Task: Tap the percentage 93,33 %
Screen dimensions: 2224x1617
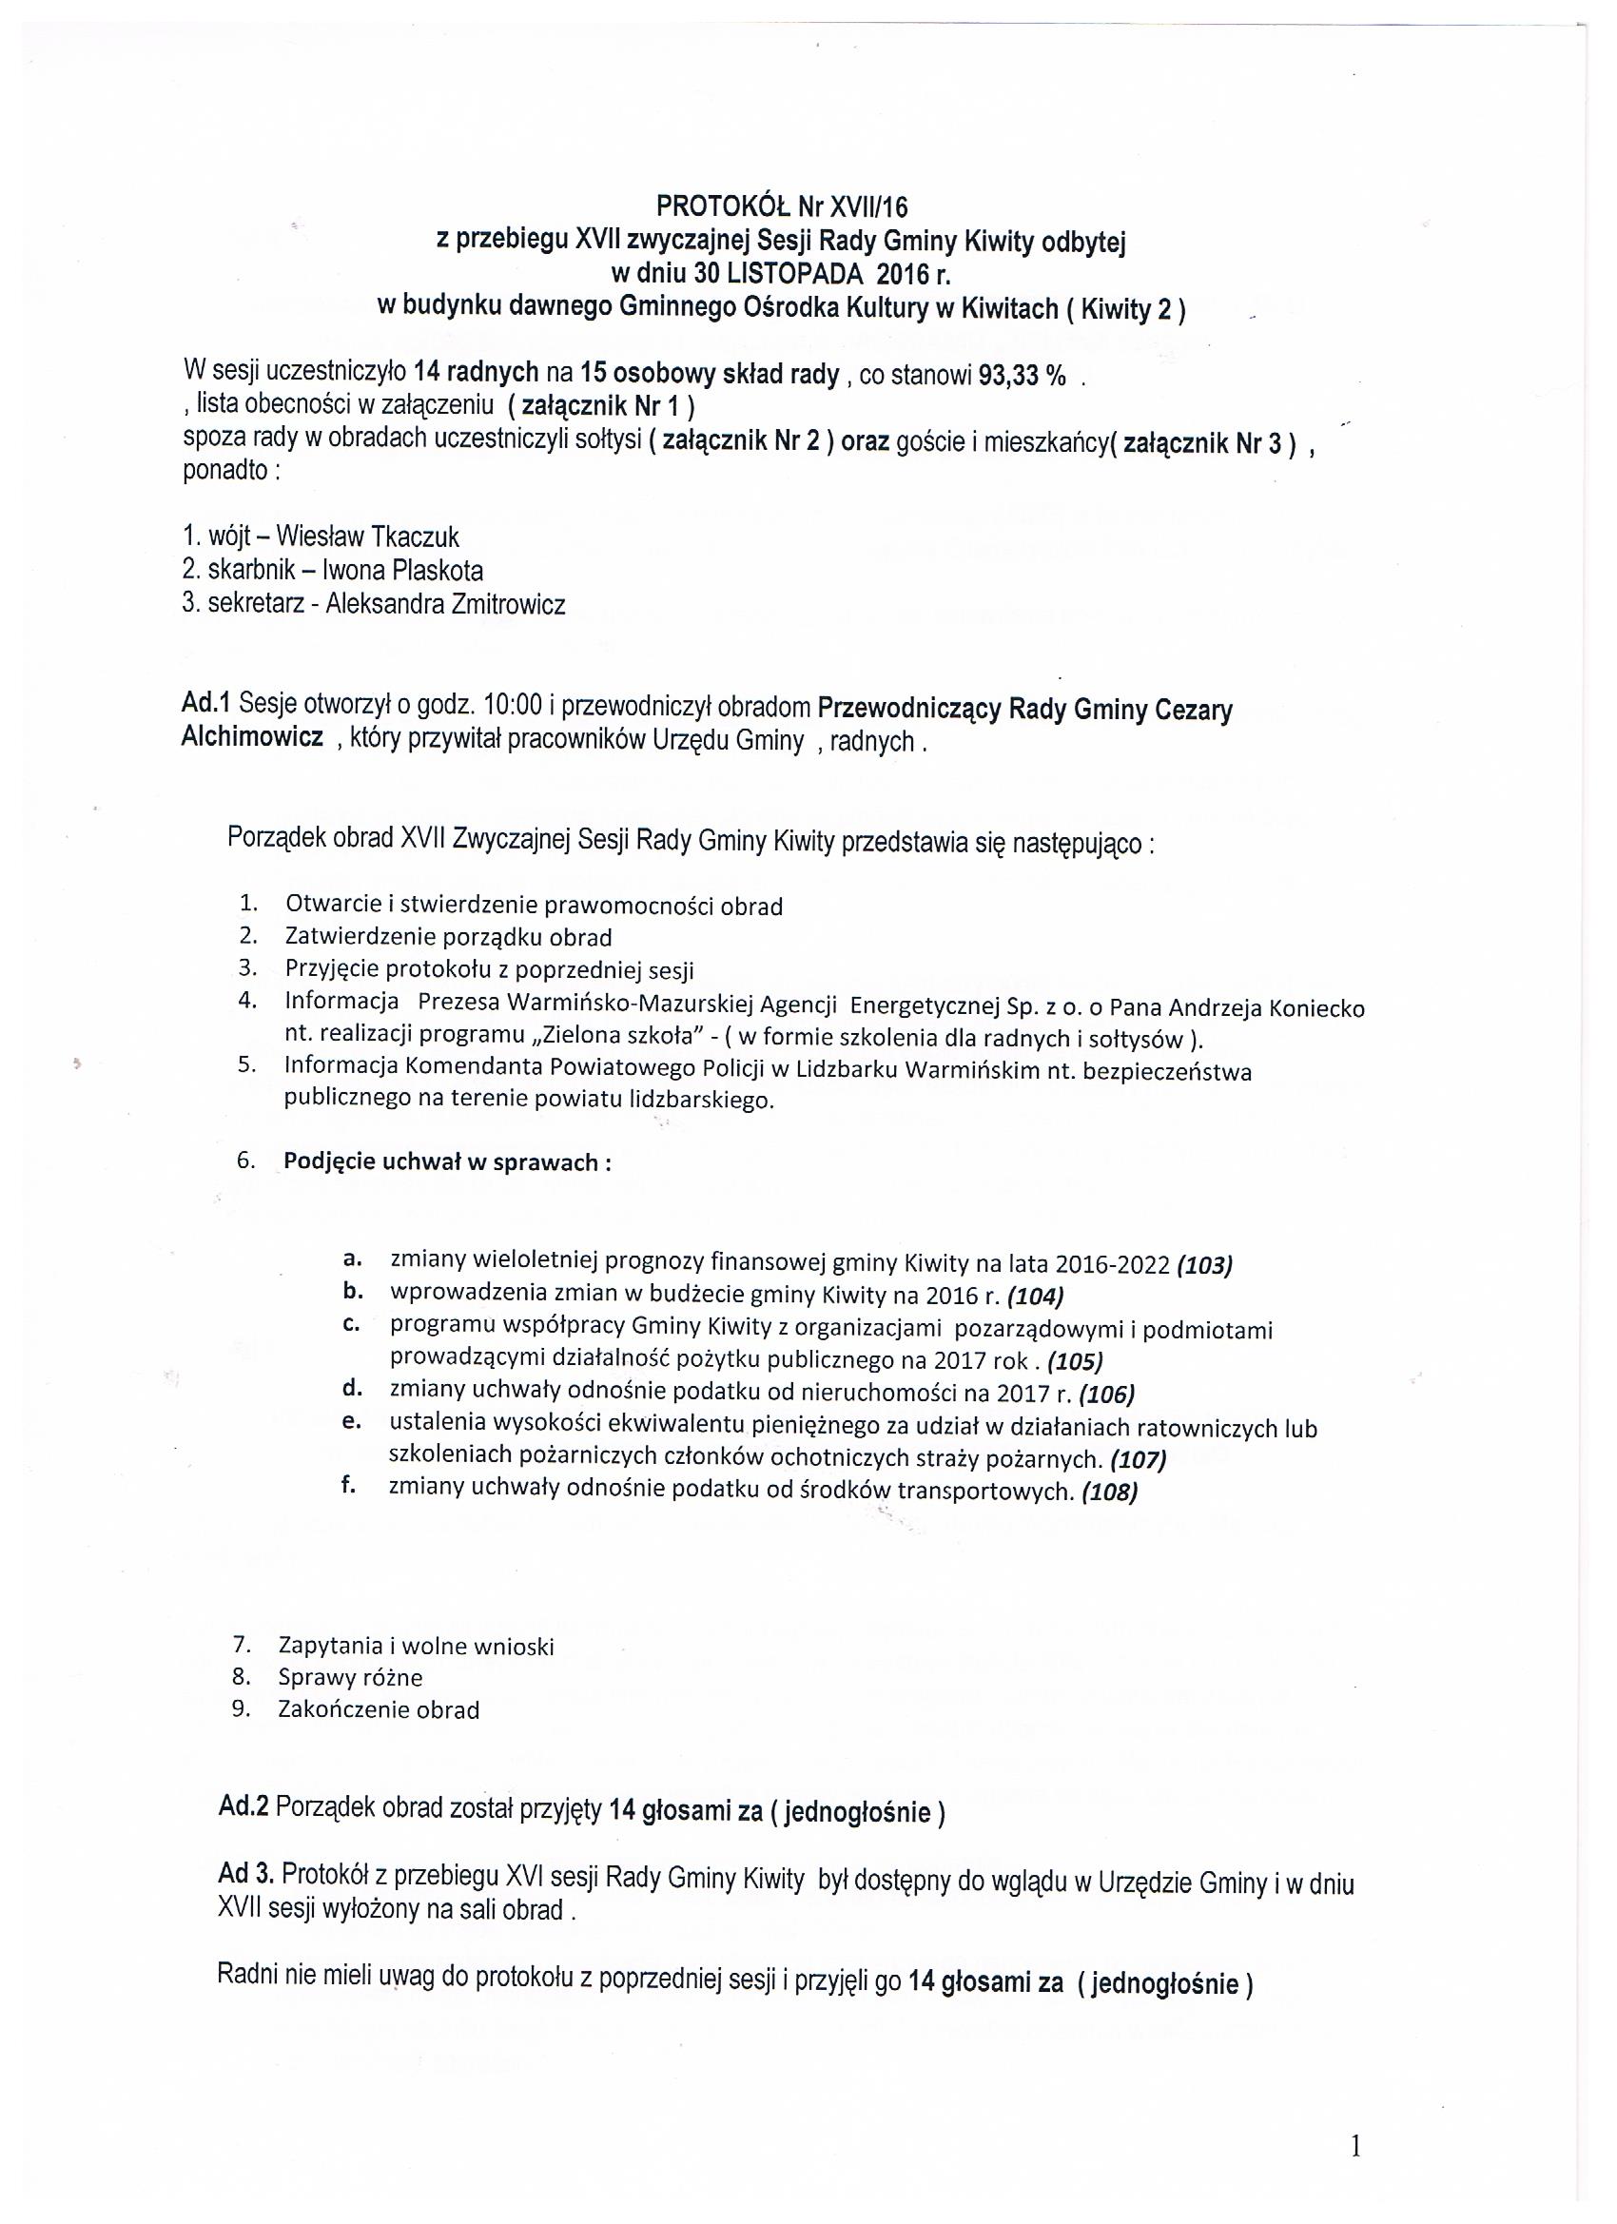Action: coord(1022,377)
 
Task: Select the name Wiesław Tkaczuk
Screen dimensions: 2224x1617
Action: coord(367,536)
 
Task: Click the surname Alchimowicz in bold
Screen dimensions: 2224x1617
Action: coord(252,738)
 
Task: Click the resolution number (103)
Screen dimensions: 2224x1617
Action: coord(1203,1264)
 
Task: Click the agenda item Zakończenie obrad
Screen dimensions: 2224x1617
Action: coord(379,1710)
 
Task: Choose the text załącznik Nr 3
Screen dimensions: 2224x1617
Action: coord(1201,443)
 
